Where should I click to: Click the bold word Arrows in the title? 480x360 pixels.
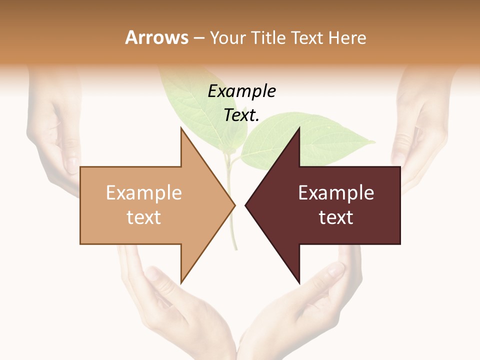tap(157, 37)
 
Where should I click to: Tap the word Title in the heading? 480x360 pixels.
tap(268, 38)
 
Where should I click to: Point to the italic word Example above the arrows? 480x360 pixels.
tap(241, 91)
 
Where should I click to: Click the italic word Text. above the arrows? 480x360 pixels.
tap(241, 115)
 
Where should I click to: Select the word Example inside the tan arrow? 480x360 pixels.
tap(144, 193)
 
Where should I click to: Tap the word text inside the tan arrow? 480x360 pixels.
tap(144, 217)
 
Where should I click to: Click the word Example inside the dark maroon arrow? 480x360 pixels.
tap(336, 193)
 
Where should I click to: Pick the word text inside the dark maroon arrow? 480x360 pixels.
tap(336, 217)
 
